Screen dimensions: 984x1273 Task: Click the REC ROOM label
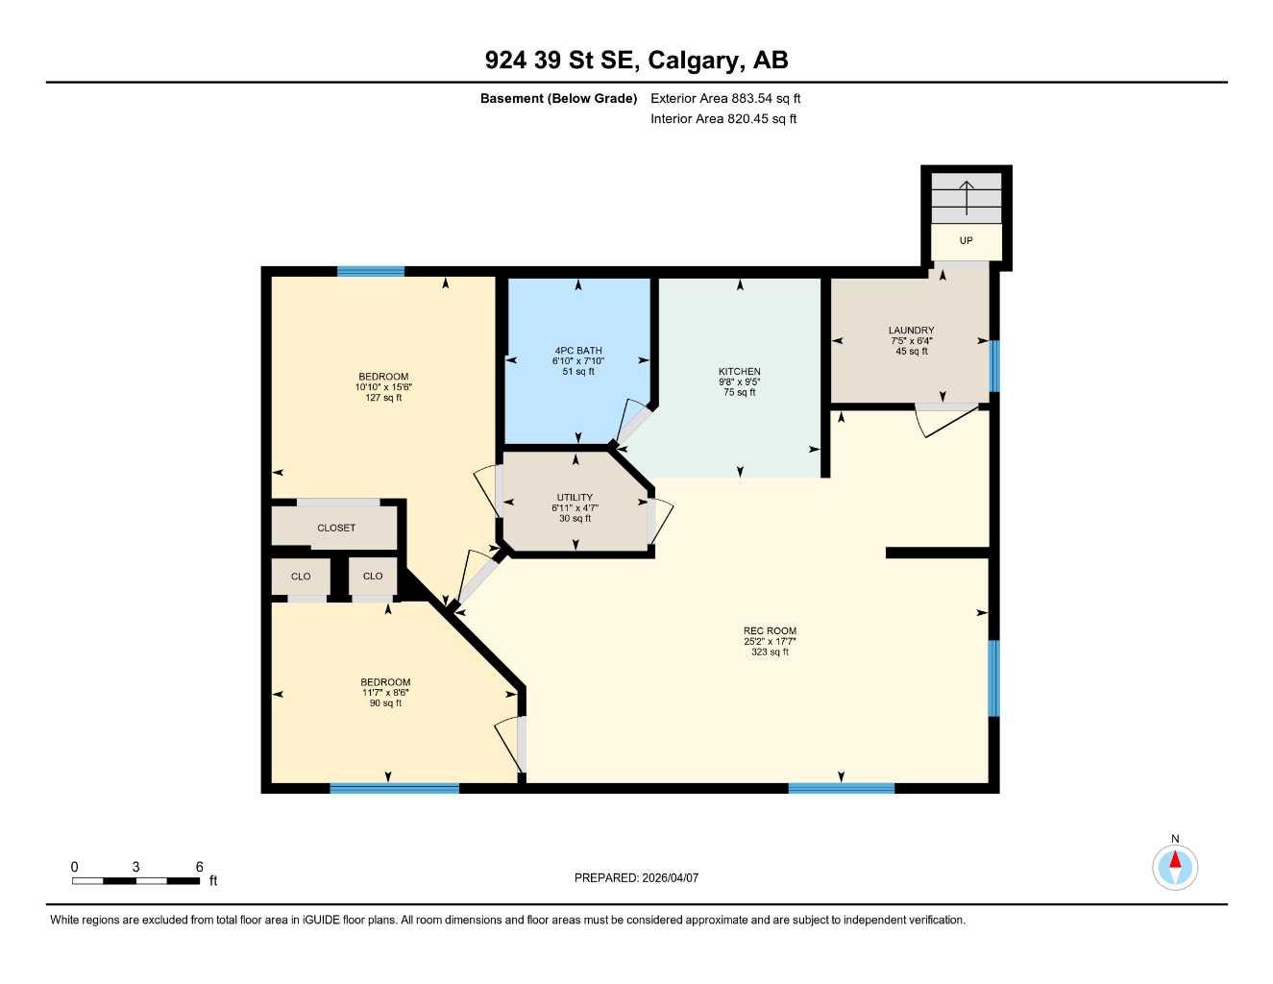tap(770, 631)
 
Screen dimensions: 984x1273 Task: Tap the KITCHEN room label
tap(739, 372)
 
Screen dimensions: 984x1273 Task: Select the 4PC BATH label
tap(578, 351)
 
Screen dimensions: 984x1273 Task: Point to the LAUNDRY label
tap(911, 331)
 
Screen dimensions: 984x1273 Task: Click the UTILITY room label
tap(575, 498)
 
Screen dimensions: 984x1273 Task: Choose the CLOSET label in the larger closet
tap(336, 528)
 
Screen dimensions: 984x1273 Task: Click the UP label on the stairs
tap(966, 240)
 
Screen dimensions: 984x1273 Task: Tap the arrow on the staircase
tap(967, 196)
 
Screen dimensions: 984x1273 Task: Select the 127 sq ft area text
tap(383, 398)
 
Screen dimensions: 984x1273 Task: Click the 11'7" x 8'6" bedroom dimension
tap(385, 693)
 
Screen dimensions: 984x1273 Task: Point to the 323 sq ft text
tap(770, 652)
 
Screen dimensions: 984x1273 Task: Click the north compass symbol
tap(1174, 866)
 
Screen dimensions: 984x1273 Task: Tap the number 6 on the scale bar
tap(200, 867)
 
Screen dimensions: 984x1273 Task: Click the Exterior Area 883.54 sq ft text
tap(725, 98)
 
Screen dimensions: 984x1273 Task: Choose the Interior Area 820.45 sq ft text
tap(723, 119)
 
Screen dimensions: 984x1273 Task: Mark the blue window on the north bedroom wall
tap(370, 271)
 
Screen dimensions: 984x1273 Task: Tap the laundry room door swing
tap(946, 421)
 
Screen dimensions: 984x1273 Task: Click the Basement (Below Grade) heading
tap(558, 98)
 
